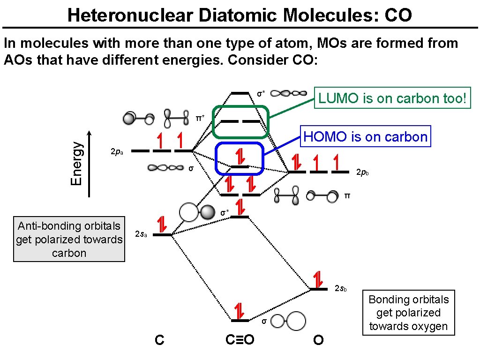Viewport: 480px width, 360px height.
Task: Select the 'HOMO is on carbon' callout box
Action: [366, 137]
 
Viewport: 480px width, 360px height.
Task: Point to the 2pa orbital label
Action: [116, 152]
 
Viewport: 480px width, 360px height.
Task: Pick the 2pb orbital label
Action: [362, 173]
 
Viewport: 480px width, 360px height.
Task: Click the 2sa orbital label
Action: [141, 234]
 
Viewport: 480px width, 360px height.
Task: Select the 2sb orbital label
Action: [340, 288]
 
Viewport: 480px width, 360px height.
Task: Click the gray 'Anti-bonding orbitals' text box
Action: [69, 240]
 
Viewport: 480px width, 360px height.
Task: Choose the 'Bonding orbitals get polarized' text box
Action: [408, 313]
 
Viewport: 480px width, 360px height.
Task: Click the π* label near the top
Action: [200, 118]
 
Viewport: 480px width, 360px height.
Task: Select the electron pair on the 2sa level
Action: [162, 225]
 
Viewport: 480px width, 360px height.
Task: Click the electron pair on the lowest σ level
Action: [240, 311]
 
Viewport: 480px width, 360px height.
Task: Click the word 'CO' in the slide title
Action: [398, 15]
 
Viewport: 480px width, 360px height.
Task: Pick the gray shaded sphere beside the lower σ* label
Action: [207, 213]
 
